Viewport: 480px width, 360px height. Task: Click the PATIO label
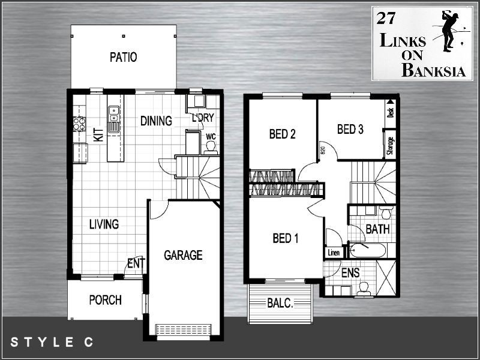click(x=124, y=58)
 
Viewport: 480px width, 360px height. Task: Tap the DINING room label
click(x=156, y=121)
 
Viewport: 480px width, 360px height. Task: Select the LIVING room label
click(x=104, y=224)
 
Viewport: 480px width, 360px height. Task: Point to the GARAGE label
click(x=183, y=255)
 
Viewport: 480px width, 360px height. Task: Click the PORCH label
click(x=105, y=300)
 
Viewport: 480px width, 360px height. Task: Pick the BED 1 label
click(x=286, y=239)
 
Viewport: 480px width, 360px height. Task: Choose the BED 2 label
click(x=282, y=134)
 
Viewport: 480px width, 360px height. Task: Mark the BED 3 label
click(x=351, y=129)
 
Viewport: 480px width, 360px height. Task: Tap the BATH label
click(x=377, y=229)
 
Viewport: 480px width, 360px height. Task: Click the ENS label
click(x=350, y=273)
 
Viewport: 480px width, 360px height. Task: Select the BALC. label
click(x=280, y=304)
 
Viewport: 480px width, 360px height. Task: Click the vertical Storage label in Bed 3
click(x=390, y=146)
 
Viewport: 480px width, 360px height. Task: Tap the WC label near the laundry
click(x=211, y=136)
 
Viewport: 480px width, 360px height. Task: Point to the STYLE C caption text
click(x=52, y=343)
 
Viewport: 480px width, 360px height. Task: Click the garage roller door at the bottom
click(x=184, y=331)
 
